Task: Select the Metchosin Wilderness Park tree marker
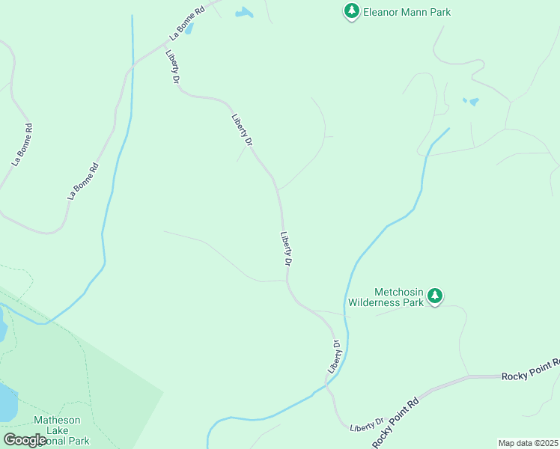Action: click(435, 297)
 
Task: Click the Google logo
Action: click(25, 440)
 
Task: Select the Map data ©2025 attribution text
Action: click(528, 443)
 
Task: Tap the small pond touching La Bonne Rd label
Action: click(189, 29)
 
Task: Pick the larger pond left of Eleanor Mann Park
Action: click(244, 13)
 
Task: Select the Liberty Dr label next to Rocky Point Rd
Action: click(366, 424)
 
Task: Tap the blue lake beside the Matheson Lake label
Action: click(6, 403)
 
